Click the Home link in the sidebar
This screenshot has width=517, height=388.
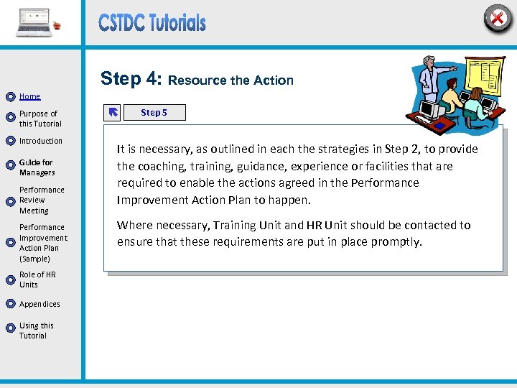(29, 96)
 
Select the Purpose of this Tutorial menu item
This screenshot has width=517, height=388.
(38, 119)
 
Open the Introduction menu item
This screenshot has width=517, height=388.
(40, 141)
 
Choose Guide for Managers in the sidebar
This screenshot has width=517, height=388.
(37, 167)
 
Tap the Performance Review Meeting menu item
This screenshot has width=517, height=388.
(41, 200)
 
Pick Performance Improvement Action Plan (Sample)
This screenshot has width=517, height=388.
(43, 243)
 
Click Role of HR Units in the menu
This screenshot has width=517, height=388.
(37, 280)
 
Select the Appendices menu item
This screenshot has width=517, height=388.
(39, 304)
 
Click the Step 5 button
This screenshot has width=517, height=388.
(154, 112)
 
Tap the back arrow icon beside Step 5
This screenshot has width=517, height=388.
(113, 112)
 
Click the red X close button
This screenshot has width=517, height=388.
(497, 17)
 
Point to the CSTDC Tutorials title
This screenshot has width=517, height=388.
(152, 23)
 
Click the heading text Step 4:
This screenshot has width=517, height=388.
(131, 78)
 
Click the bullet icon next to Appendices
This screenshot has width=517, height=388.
(10, 305)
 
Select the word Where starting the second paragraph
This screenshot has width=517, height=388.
(134, 225)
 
